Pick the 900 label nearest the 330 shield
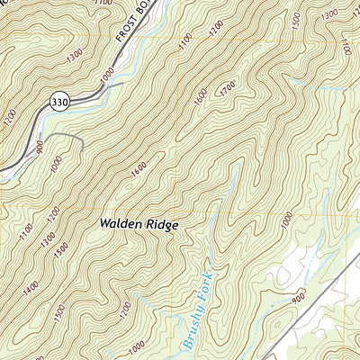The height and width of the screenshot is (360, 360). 40,146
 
